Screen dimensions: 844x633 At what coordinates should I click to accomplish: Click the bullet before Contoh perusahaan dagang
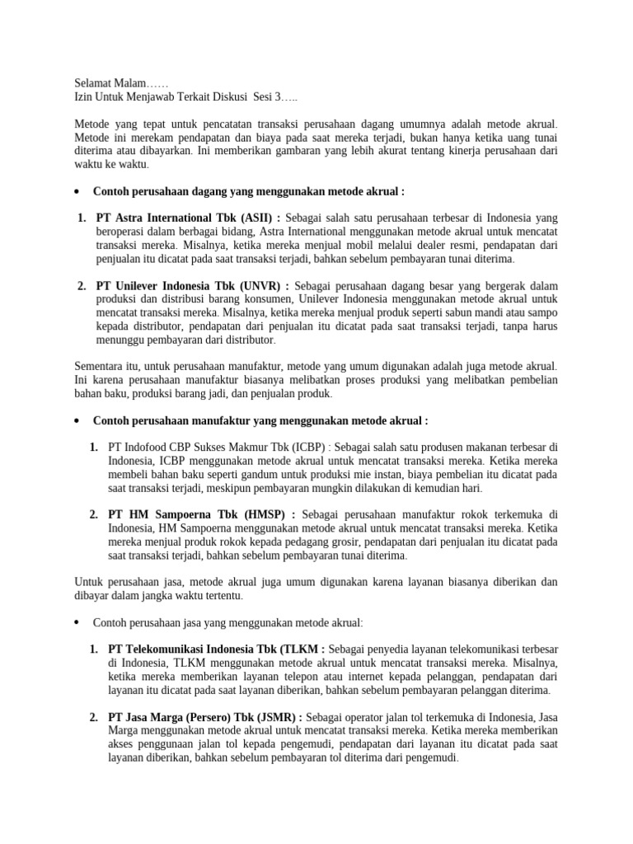[x=76, y=191]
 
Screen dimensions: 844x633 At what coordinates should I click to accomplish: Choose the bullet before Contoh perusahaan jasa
[x=76, y=623]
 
